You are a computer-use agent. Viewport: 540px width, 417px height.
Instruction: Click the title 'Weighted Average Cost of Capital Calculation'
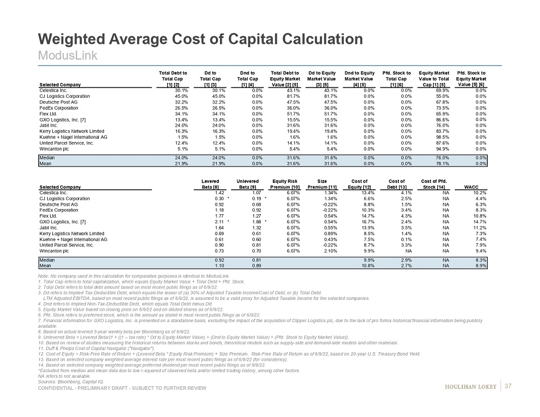point(200,39)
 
